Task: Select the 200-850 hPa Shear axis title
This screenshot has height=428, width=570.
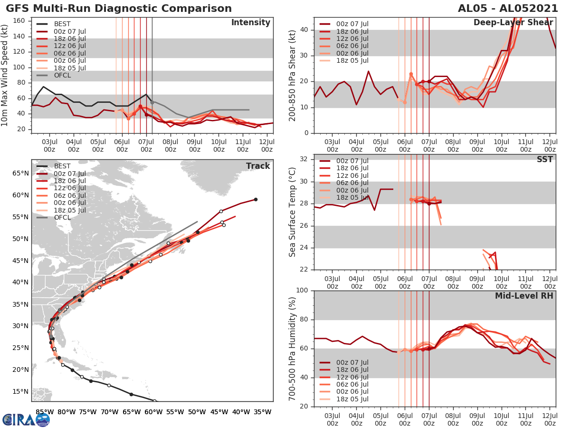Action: [293, 75]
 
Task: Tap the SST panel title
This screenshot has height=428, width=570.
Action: [544, 159]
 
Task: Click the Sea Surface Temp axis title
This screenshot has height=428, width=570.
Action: [293, 212]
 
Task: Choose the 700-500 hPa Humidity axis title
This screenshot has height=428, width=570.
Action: [293, 348]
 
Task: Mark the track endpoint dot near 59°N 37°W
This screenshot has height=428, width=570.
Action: [256, 199]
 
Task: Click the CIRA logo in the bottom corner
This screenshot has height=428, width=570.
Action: [26, 419]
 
